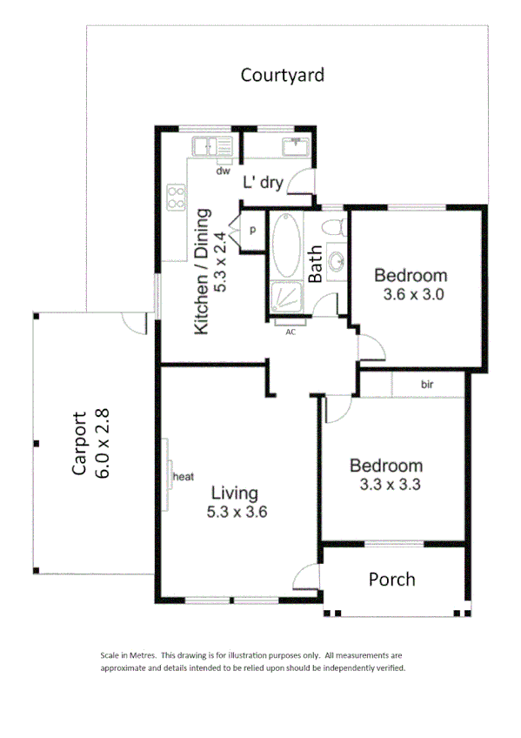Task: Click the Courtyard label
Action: click(283, 75)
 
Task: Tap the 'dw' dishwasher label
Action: click(224, 171)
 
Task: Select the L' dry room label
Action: click(262, 183)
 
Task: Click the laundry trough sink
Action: click(294, 145)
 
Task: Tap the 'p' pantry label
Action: click(252, 231)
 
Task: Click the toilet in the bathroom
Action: click(331, 229)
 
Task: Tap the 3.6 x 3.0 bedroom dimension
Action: click(413, 294)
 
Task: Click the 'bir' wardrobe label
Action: click(427, 384)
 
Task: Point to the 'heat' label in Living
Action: click(183, 477)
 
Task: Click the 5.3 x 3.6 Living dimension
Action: click(237, 513)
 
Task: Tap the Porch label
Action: click(391, 580)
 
